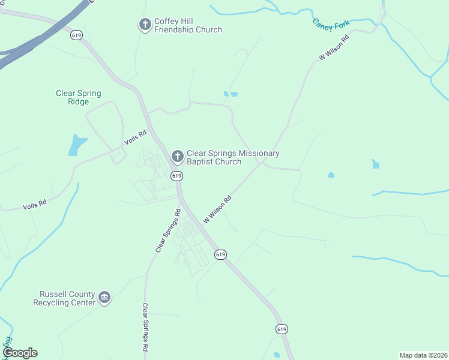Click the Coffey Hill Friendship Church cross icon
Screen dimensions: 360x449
145,25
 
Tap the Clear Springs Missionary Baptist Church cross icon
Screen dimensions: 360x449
177,157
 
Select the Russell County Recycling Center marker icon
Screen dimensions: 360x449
105,298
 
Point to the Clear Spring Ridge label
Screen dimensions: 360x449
79,97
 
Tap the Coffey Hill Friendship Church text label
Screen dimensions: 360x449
188,25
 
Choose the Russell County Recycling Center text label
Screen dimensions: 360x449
67,298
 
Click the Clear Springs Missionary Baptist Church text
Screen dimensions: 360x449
233,157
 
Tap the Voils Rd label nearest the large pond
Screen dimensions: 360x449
135,137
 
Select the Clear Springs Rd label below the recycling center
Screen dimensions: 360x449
145,327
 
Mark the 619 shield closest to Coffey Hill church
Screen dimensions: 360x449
76,35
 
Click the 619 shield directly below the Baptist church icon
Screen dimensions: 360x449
176,176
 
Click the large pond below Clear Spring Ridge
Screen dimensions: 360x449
77,145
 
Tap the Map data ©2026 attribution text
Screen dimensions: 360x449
423,355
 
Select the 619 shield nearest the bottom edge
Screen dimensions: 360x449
282,329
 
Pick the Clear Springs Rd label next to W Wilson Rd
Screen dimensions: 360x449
167,230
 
